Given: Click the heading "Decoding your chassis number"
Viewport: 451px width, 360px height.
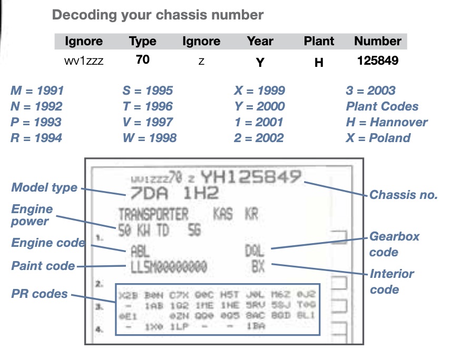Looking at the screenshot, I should [158, 15].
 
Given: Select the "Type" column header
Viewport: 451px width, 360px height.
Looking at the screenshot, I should [142, 42].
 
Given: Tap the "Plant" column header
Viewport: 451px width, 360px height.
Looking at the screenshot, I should [319, 42].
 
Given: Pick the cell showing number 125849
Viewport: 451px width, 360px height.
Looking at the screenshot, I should [378, 61].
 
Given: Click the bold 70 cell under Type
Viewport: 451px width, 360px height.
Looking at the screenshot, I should [142, 60].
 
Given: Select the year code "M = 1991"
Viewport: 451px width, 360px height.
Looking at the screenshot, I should [37, 91].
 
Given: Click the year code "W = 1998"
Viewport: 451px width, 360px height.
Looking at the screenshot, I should [149, 138].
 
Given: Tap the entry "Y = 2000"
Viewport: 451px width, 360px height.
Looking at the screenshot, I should [260, 107].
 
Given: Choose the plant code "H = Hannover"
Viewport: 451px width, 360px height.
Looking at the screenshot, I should [387, 123].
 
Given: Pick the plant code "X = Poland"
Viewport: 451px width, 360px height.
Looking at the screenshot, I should [378, 138].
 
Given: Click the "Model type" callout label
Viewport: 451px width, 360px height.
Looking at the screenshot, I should [44, 188].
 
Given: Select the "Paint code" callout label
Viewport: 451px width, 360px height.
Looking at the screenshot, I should [43, 266].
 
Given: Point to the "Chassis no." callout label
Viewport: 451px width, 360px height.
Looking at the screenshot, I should [404, 195].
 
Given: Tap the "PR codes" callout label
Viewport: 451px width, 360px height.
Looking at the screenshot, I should [40, 293].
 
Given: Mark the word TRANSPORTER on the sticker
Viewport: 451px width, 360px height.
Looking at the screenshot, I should [153, 215].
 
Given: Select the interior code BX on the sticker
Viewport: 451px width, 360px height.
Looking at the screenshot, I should [258, 266].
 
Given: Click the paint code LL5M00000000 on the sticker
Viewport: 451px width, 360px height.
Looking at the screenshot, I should [168, 267].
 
